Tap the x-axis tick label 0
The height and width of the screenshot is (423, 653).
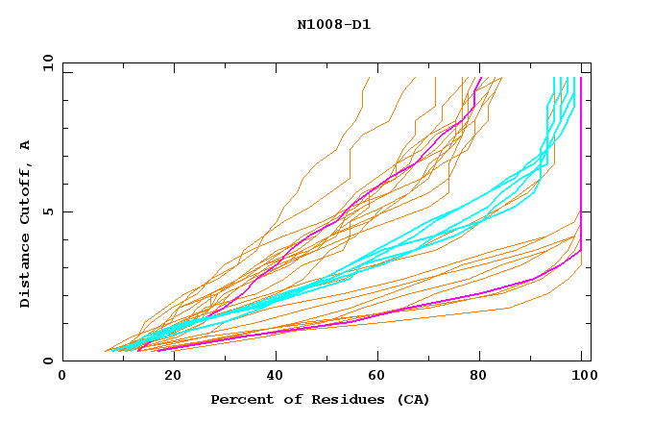click(63, 376)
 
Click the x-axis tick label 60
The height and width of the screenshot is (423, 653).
click(375, 376)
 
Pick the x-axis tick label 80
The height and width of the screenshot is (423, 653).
click(478, 376)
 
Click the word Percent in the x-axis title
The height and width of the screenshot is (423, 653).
click(238, 400)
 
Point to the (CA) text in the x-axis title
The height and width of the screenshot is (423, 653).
click(414, 400)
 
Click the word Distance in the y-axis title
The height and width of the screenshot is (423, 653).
click(25, 273)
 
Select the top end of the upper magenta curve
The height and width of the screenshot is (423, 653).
click(480, 78)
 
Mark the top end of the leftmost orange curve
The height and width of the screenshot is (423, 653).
click(369, 78)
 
